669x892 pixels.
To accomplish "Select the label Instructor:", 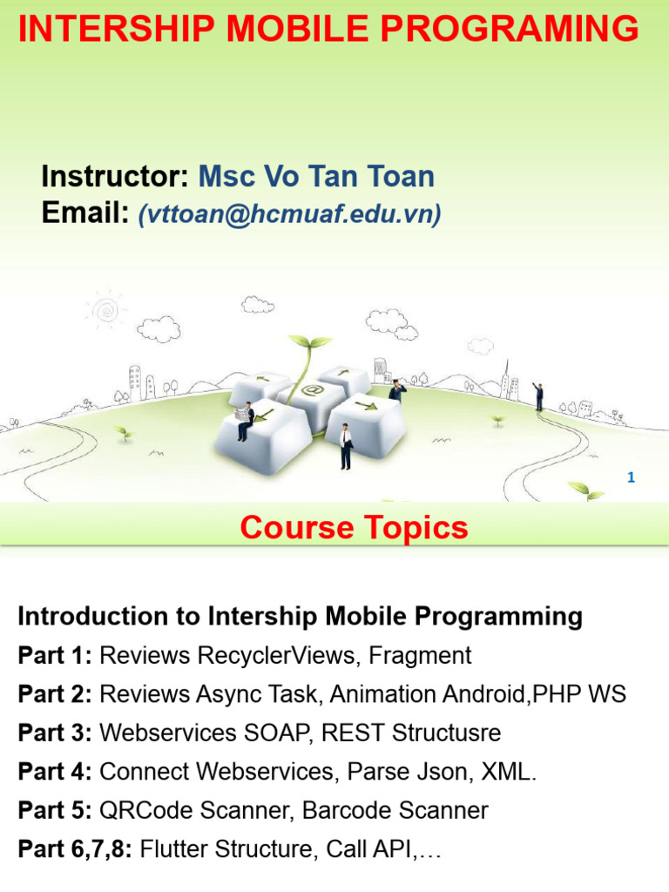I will pos(115,177).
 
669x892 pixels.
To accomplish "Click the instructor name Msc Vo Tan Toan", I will pos(316,177).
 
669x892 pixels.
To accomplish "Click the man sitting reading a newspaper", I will pos(245,420).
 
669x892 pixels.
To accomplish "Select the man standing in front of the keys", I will pos(346,446).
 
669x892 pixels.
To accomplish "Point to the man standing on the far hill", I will pos(539,396).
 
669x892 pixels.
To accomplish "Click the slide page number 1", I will pos(631,477).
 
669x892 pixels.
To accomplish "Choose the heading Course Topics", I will pos(354,528).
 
